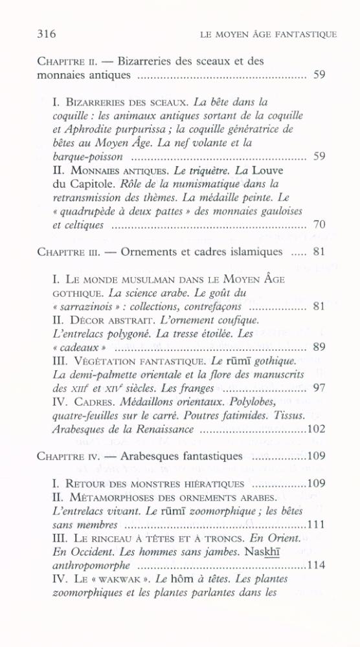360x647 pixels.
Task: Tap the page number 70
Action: pos(318,225)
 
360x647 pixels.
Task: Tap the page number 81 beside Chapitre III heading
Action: pos(318,251)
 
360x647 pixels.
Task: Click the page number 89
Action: pos(318,347)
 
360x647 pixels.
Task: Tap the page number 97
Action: pos(318,388)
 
